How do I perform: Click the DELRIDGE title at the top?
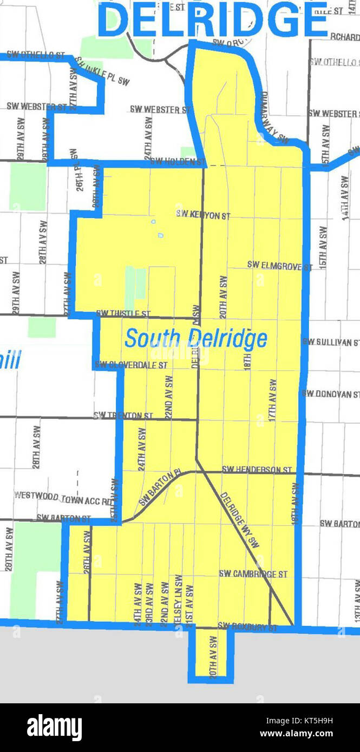[214, 21]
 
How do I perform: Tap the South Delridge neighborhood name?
[195, 339]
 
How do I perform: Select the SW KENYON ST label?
[203, 215]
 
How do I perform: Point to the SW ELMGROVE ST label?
[280, 265]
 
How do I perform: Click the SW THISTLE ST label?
[123, 313]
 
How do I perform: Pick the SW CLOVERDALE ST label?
[130, 365]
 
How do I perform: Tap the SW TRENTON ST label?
[123, 415]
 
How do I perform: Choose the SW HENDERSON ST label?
[257, 470]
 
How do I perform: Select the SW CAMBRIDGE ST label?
[253, 574]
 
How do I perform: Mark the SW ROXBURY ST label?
[247, 628]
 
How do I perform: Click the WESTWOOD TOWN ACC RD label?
[63, 494]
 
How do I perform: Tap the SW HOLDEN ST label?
[178, 161]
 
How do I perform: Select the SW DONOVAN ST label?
[331, 394]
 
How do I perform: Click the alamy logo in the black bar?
[55, 727]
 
